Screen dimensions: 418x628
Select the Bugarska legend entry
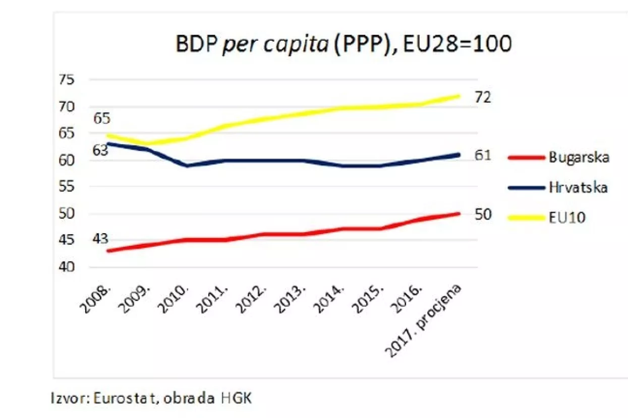click(x=579, y=157)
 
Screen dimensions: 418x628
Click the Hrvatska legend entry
click(x=578, y=187)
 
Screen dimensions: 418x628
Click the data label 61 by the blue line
click(x=482, y=156)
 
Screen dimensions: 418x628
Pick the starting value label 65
click(x=101, y=119)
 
